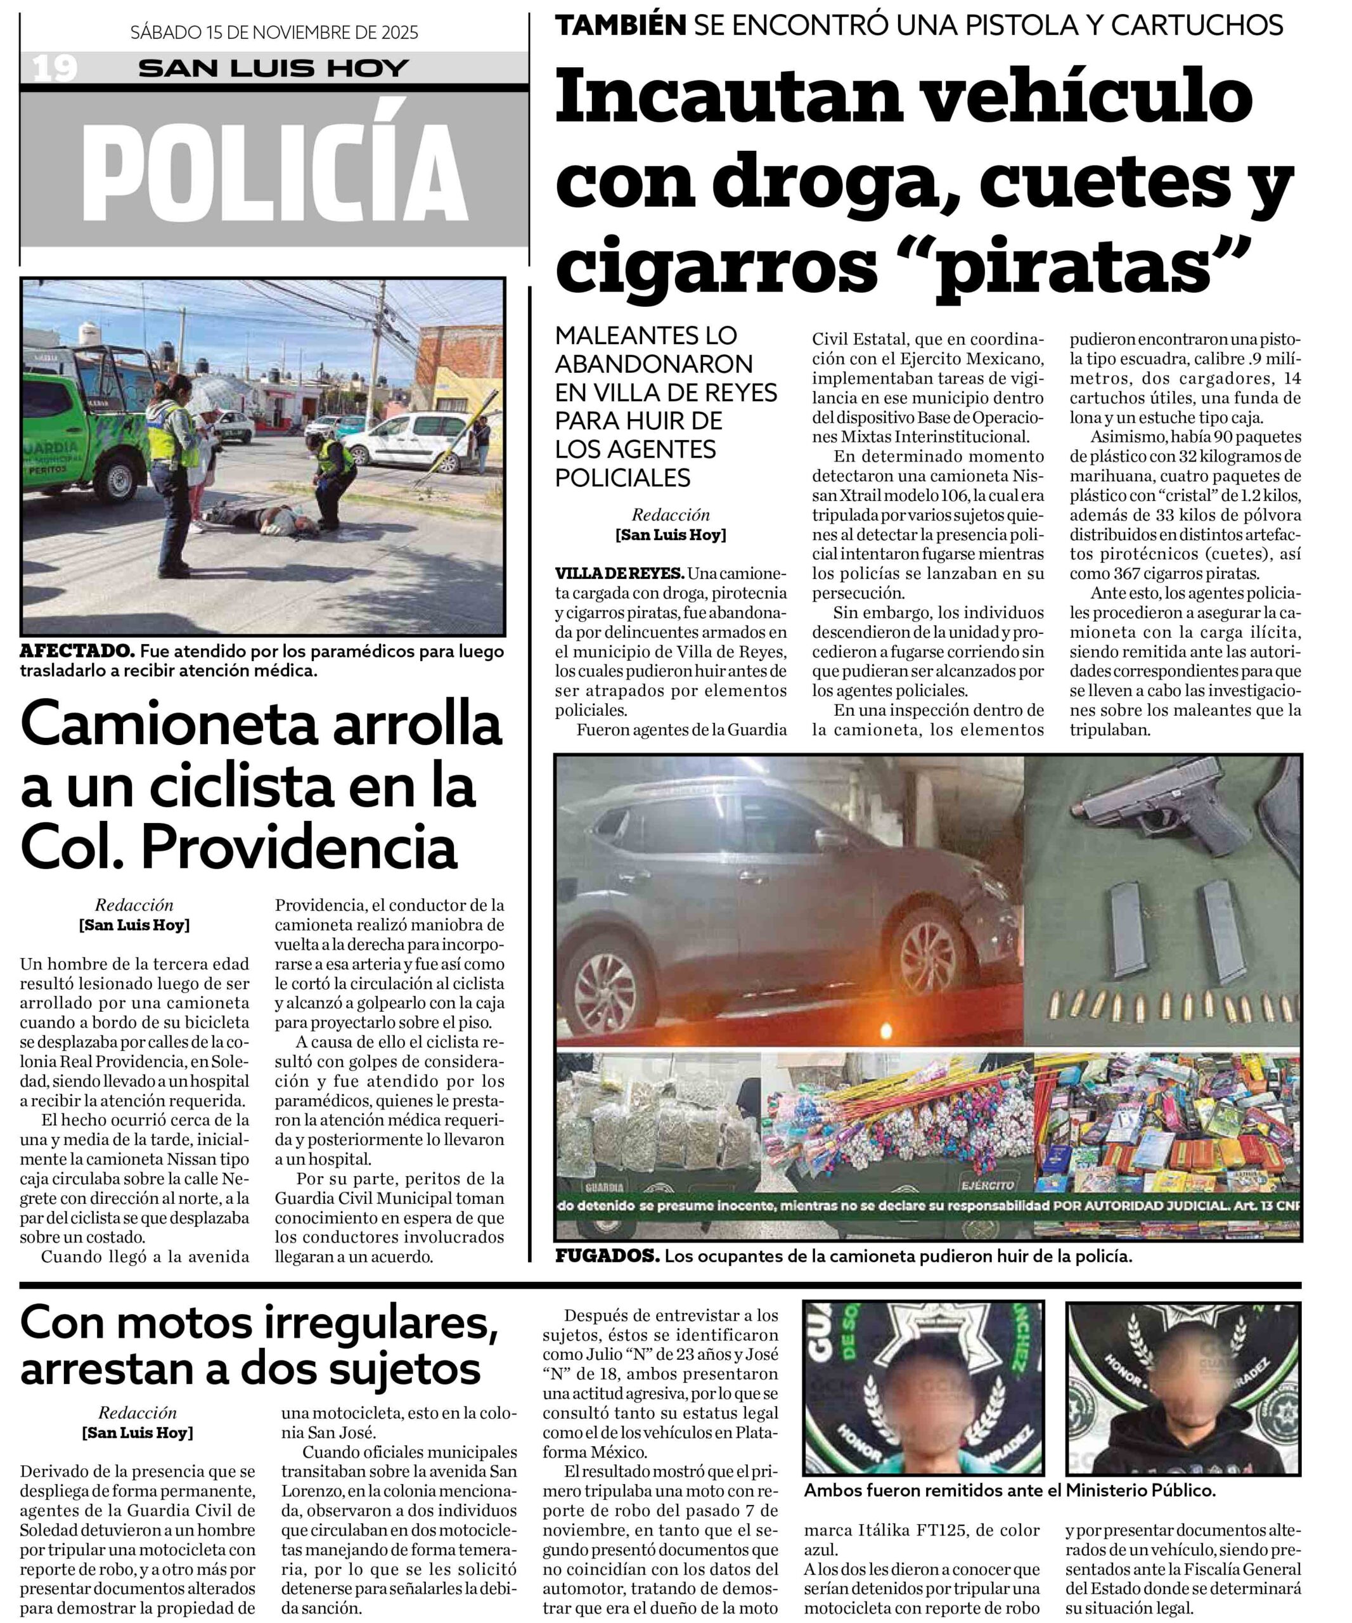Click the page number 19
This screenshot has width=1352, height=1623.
[55, 68]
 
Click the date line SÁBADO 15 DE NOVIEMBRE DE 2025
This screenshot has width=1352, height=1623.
[274, 32]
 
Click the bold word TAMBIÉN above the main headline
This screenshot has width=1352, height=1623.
[621, 25]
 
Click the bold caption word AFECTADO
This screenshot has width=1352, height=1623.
[77, 650]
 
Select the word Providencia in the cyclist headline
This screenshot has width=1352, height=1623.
[300, 847]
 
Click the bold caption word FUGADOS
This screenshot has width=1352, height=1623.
[607, 1257]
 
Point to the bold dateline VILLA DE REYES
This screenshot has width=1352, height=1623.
[619, 574]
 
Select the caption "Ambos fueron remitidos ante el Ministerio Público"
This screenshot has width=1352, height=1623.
[1009, 1490]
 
